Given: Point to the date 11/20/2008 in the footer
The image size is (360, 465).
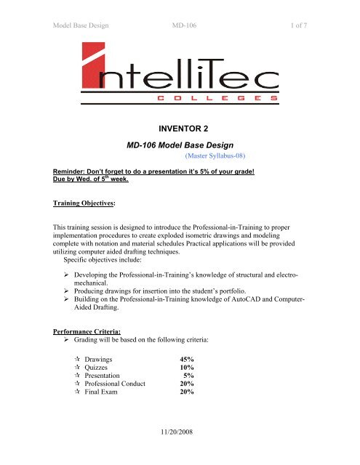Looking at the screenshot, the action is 180,450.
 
